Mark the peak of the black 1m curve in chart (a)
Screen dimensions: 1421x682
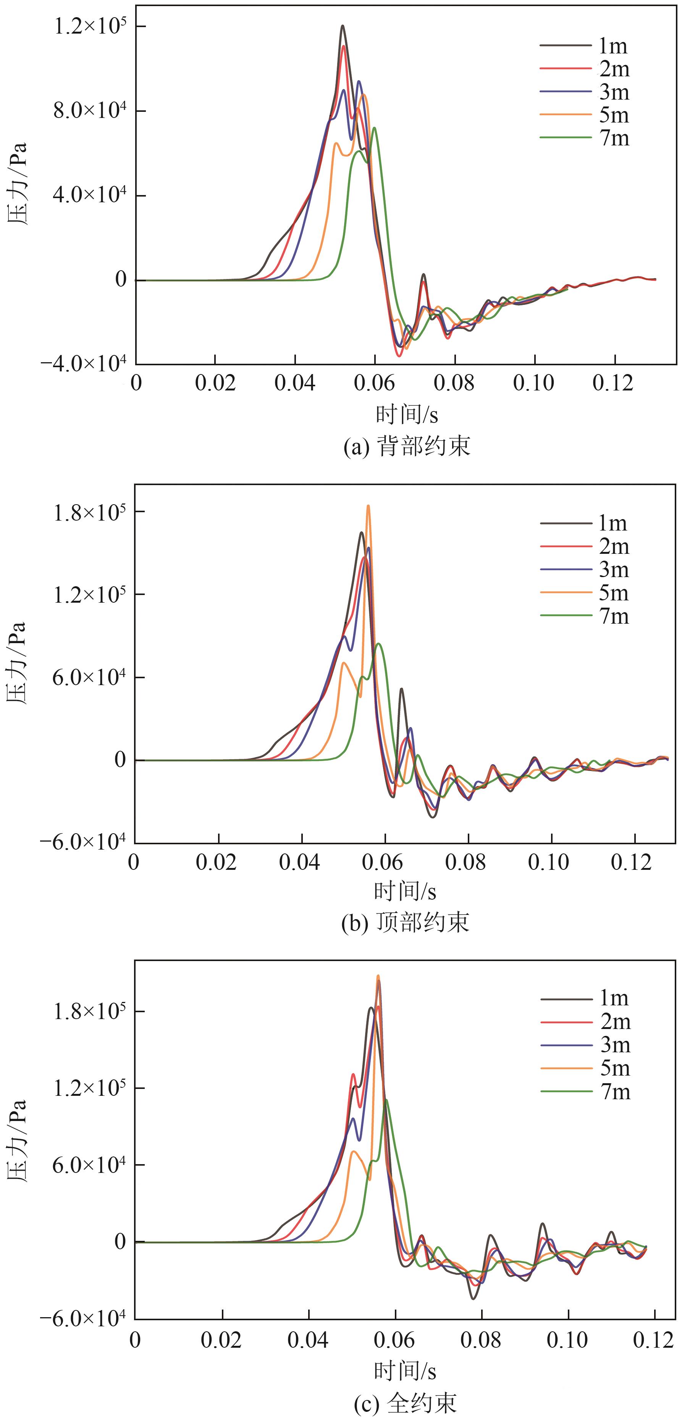343,25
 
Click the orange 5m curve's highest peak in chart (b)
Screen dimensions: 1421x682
368,505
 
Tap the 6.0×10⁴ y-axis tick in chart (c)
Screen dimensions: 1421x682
89,1164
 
